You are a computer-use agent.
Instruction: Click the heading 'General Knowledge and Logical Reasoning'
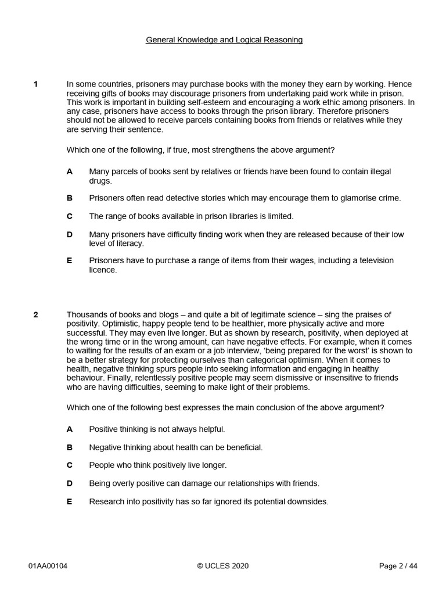pos(224,40)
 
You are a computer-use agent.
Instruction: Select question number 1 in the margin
pos(35,84)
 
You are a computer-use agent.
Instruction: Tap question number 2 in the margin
pos(35,315)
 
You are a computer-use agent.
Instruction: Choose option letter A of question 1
pos(70,172)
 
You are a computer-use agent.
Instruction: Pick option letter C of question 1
pos(70,216)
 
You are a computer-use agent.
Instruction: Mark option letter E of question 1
pos(70,261)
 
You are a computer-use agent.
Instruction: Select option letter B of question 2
pos(70,447)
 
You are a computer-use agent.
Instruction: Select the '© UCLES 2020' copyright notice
pos(223,567)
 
